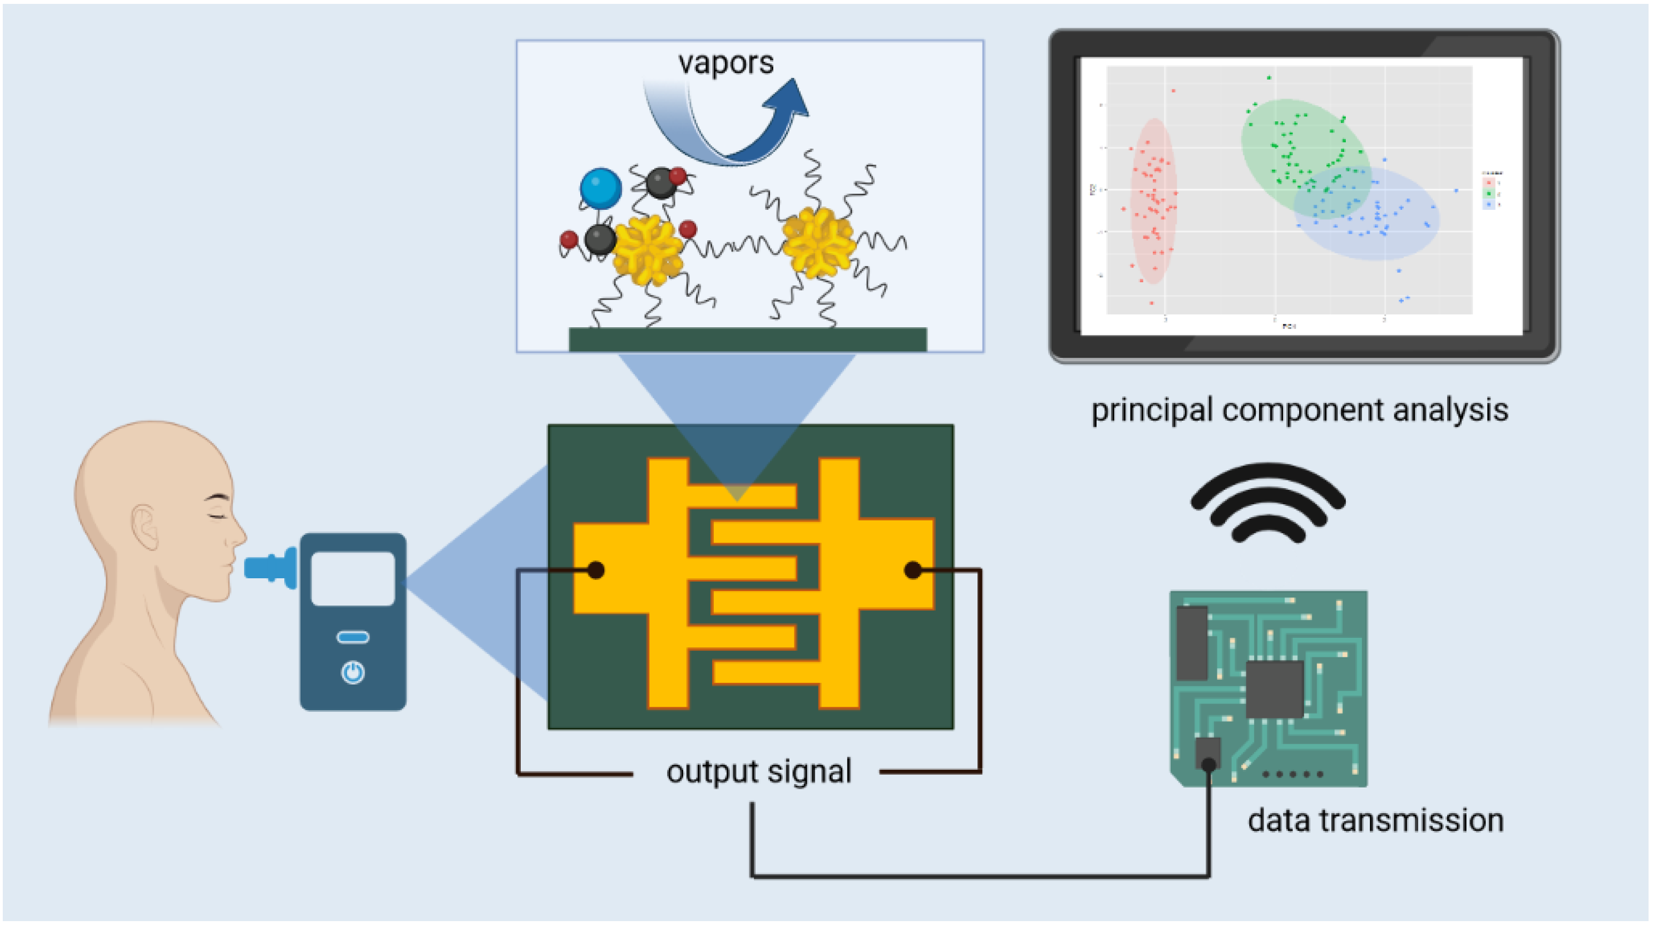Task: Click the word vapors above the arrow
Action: pos(726,63)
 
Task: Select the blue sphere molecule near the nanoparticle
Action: pos(600,188)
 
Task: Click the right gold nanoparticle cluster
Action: pos(818,242)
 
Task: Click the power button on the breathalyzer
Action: pos(353,673)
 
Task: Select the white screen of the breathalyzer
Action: pos(353,578)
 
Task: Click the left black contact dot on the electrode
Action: pos(595,569)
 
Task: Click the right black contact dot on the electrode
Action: pos(912,569)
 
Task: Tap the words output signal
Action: pos(758,771)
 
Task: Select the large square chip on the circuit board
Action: pos(1275,690)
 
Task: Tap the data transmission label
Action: pos(1375,821)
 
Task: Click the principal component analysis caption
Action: pos(1300,410)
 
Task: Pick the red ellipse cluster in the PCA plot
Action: pos(1154,200)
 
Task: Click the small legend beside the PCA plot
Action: pos(1491,189)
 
